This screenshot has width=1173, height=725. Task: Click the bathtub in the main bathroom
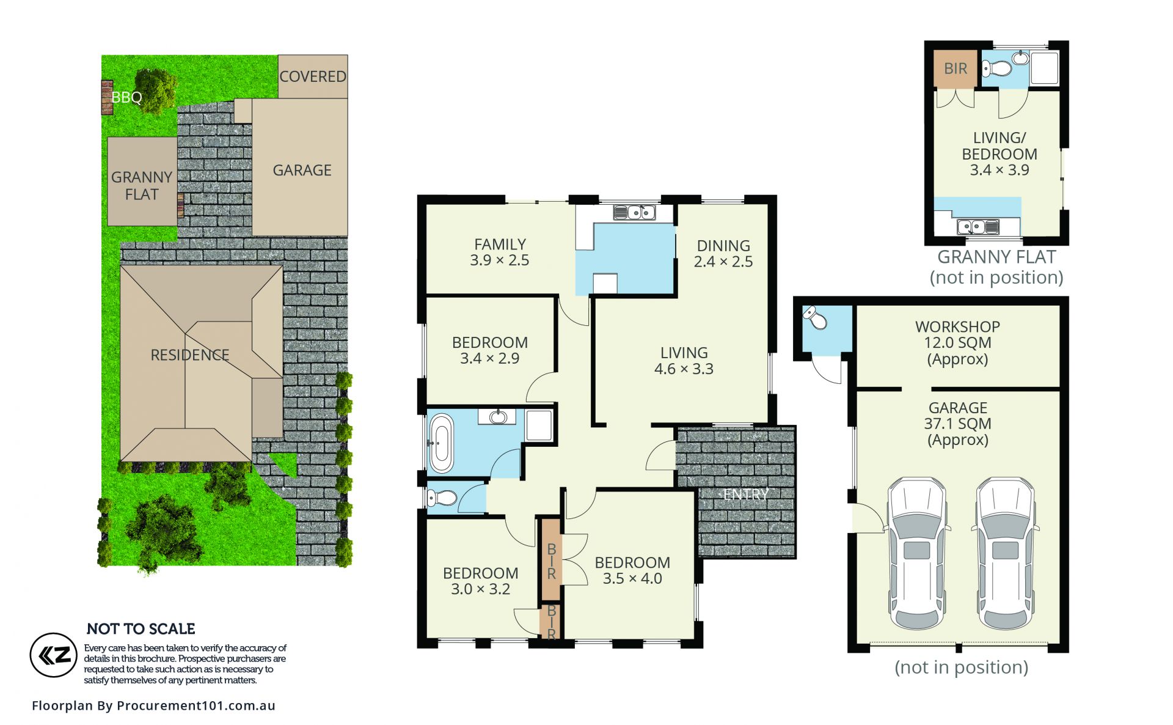[x=441, y=443]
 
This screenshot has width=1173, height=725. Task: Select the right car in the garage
[x=1005, y=554]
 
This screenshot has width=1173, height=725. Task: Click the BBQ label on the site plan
[x=126, y=97]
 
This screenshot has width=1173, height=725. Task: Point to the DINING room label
[x=723, y=246]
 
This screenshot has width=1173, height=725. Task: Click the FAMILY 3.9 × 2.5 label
[x=500, y=252]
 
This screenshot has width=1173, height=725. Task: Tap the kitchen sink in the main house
[x=634, y=212]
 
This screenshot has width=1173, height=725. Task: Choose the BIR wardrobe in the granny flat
[x=956, y=69]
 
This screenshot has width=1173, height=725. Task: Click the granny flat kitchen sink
[x=978, y=227]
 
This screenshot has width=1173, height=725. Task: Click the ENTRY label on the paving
[x=746, y=495]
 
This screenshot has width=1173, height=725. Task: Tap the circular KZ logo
[x=54, y=655]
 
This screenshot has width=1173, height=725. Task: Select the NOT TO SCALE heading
[x=141, y=629]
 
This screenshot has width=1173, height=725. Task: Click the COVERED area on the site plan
[x=313, y=76]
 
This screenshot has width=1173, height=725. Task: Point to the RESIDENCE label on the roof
[x=190, y=355]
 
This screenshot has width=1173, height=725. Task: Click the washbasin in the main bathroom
[x=499, y=417]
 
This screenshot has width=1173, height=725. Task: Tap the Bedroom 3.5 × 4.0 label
[x=632, y=570]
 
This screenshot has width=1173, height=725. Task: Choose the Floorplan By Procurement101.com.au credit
[x=153, y=705]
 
